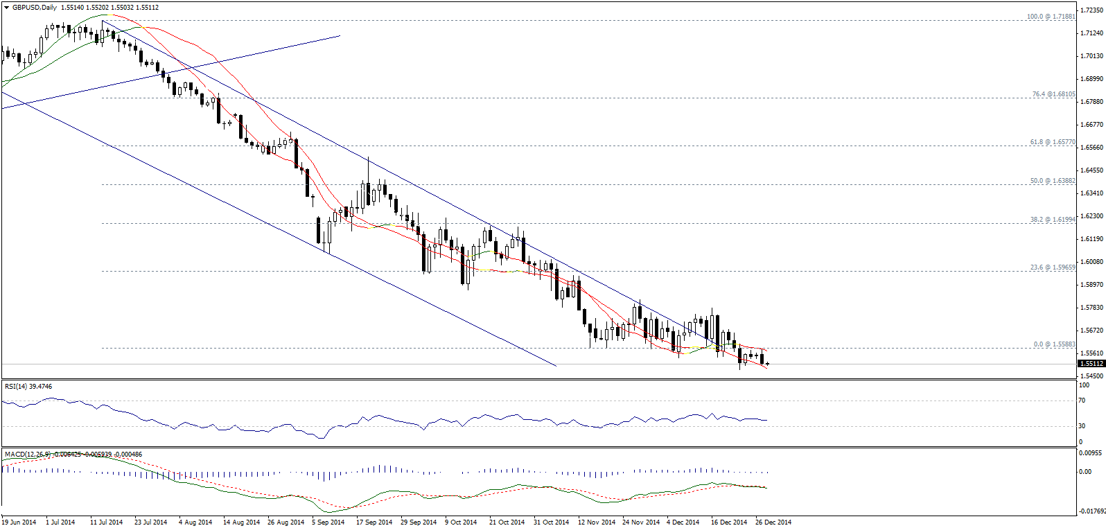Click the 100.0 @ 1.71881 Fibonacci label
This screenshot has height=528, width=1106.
[x=1051, y=17]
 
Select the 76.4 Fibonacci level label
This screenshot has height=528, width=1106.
[x=1053, y=94]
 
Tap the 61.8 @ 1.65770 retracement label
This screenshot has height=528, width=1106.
[x=1052, y=142]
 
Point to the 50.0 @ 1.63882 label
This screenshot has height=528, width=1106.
[x=1052, y=181]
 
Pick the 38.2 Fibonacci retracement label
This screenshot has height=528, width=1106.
[x=1052, y=220]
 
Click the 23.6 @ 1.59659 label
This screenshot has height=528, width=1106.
[x=1052, y=267]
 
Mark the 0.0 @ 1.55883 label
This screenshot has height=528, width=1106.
[x=1054, y=344]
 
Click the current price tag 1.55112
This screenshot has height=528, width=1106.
[x=1091, y=363]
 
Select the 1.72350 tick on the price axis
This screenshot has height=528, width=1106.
[x=1091, y=10]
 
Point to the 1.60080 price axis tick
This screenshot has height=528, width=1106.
[x=1091, y=262]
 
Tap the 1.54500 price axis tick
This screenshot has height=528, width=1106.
[x=1091, y=376]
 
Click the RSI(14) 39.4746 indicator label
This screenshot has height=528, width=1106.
[x=28, y=386]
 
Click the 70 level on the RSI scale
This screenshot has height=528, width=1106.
[x=1082, y=401]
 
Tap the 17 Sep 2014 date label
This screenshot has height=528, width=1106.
[x=374, y=522]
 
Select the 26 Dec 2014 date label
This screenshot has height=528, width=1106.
[x=773, y=522]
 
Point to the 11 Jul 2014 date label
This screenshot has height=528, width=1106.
[x=106, y=522]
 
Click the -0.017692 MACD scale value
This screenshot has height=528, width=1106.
[x=1091, y=511]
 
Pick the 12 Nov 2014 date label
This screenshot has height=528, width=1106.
[x=596, y=522]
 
